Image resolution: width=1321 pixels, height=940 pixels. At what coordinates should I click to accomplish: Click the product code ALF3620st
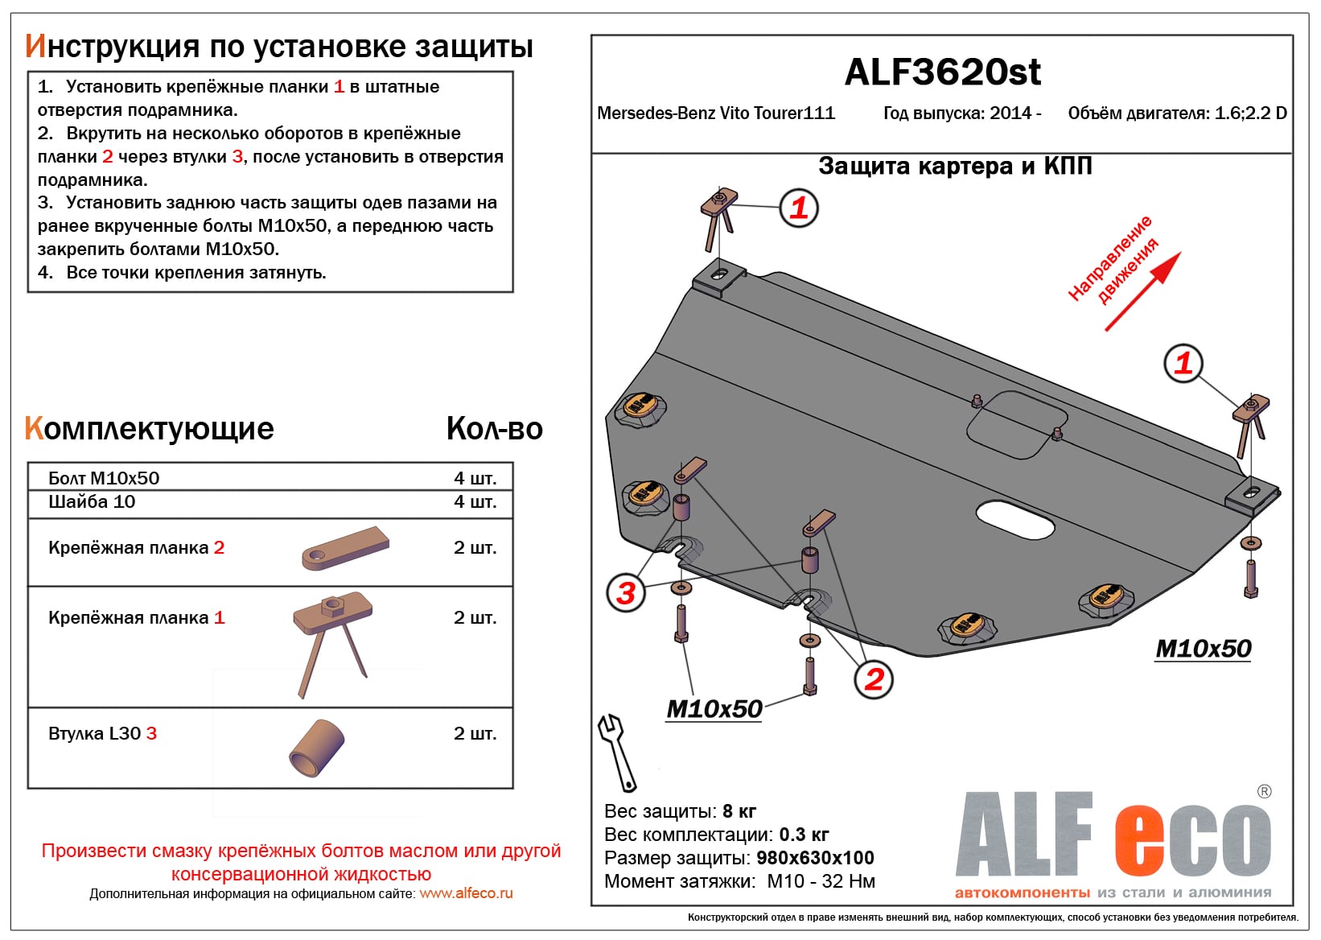(x=942, y=72)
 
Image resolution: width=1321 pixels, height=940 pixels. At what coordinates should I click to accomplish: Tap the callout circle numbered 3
(x=626, y=593)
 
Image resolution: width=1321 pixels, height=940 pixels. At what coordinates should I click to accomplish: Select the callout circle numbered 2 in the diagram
(x=874, y=679)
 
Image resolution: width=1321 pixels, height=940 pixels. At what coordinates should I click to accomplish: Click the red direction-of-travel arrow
(x=1142, y=292)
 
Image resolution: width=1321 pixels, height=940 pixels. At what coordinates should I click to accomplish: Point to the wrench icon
(x=616, y=752)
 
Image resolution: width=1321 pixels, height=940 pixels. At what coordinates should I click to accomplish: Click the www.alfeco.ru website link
(x=466, y=893)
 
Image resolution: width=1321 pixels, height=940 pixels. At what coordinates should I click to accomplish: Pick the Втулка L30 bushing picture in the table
(x=317, y=748)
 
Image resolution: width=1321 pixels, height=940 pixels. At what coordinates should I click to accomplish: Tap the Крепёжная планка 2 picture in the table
(x=346, y=548)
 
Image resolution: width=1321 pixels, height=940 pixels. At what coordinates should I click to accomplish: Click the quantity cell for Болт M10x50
(x=475, y=478)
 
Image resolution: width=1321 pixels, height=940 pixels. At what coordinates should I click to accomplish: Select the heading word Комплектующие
(x=150, y=429)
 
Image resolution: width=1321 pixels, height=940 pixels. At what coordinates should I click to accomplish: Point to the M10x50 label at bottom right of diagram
(x=1203, y=649)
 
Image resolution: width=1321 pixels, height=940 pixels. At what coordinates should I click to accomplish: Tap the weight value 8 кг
(x=739, y=811)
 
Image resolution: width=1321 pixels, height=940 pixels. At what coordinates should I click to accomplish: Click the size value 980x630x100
(x=815, y=858)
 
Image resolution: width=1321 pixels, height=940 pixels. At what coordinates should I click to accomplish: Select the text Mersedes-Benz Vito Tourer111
(x=715, y=113)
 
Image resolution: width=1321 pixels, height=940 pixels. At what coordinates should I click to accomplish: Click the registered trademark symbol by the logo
(x=1264, y=791)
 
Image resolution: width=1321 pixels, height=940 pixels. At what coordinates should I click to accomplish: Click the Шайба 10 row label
(x=92, y=502)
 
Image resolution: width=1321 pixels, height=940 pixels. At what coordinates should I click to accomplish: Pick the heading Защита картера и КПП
(x=955, y=167)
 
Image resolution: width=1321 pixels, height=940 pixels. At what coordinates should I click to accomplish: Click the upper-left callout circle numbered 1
(x=799, y=208)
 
